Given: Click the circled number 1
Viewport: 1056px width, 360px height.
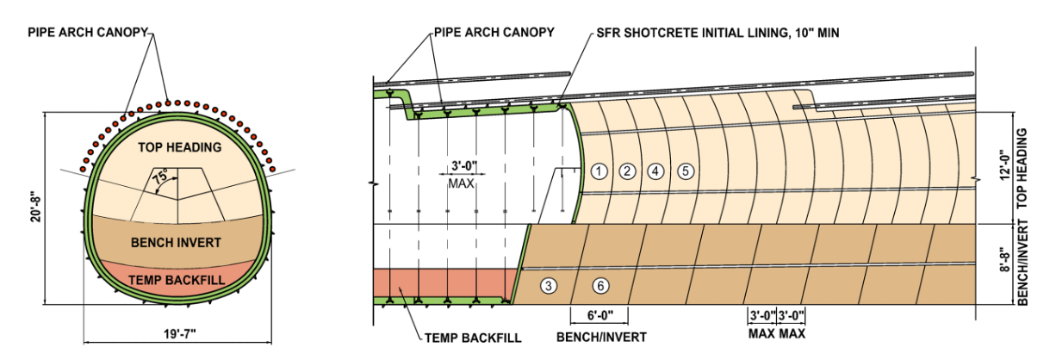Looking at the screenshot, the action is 599,171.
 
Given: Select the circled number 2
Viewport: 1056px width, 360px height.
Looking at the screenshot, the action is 627,171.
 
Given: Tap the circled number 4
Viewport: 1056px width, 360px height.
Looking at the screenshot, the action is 655,171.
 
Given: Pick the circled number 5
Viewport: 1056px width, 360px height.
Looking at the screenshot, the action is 686,171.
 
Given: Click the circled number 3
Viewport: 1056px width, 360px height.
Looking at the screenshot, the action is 549,285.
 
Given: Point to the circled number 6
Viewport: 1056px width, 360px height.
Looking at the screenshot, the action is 600,285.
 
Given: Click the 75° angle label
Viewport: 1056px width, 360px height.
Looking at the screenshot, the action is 160,178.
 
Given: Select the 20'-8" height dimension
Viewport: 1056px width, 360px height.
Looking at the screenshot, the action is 36,206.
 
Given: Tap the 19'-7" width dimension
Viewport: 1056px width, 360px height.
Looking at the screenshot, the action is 180,334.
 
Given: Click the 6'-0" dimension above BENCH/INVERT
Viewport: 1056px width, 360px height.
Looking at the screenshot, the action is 600,315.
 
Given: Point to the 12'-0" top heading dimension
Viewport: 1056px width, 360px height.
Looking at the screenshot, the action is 1005,164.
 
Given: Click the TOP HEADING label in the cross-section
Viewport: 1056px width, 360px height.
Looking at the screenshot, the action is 180,147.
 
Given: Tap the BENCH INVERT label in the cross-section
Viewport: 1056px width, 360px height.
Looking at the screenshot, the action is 176,243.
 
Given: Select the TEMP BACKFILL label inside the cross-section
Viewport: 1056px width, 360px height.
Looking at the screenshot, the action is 177,281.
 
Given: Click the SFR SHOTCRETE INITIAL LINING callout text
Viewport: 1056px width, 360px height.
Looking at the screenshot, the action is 717,33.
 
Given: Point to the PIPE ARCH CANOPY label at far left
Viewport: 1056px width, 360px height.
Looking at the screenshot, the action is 88,32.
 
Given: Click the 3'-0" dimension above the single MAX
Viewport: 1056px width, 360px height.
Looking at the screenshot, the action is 464,166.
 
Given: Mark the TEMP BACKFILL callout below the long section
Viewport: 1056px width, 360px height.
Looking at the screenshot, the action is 473,338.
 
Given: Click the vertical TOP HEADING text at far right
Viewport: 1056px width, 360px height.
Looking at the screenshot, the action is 1022,168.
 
